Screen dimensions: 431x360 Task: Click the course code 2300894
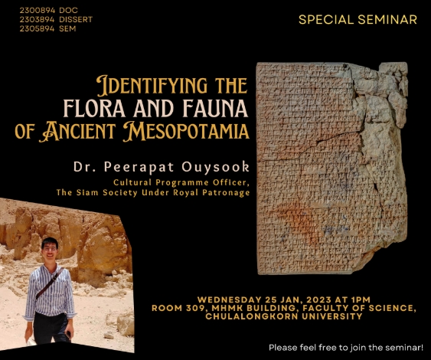coord(37,11)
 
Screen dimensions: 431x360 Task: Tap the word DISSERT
coord(76,19)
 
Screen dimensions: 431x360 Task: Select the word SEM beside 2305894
coord(67,28)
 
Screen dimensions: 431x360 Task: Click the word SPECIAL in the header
coord(326,19)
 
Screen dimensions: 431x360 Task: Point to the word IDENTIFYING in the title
coord(152,85)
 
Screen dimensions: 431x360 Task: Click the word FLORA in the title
coord(94,108)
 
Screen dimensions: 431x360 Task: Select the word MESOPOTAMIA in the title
coord(186,131)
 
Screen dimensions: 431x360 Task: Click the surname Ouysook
coord(216,167)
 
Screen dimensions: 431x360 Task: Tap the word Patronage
coord(226,192)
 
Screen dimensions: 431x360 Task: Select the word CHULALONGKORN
coord(252,316)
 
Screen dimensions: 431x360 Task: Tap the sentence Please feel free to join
coord(346,348)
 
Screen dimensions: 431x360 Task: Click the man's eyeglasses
coord(50,248)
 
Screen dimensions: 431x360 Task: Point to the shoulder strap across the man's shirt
coord(49,283)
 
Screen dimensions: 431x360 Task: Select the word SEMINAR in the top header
coord(387,19)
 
